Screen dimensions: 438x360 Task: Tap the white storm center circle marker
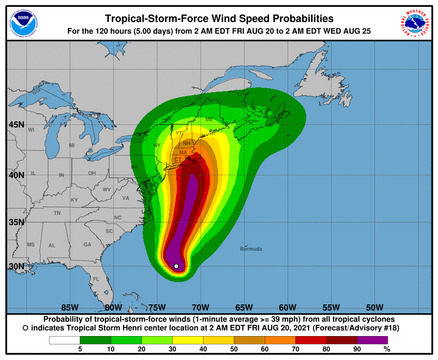pos(176,266)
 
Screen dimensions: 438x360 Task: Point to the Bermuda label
pos(251,249)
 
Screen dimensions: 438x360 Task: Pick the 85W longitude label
pos(70,307)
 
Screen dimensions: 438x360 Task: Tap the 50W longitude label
pos(374,307)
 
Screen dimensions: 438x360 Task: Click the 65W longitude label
pos(244,307)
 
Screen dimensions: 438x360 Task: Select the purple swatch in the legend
pos(372,340)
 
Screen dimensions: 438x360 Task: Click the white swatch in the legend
pos(64,340)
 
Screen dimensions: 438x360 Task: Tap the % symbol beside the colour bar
pos(387,349)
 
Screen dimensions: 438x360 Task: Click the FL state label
pos(96,279)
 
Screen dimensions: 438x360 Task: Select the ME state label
pos(209,120)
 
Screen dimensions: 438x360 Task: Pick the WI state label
pos(31,130)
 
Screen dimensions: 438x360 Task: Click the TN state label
pos(57,213)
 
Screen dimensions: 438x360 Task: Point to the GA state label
pos(87,245)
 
